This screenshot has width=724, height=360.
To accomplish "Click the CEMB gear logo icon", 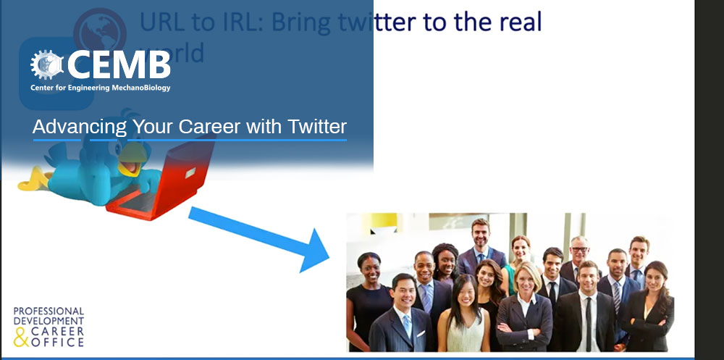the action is coord(46,64).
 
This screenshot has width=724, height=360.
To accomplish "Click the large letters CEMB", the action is coord(119,64).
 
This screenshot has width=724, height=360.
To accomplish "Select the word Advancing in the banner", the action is coord(80,126).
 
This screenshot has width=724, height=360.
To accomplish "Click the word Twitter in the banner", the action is coord(317,126).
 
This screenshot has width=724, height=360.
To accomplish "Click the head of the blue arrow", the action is coord(314,250).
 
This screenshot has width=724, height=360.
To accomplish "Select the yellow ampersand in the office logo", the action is coord(21,338).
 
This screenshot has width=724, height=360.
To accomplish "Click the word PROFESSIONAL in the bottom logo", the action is coord(49,311).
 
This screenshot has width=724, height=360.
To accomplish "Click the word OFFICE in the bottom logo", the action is coord(57,342).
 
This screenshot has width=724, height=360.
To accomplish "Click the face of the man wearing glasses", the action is coord(578,251).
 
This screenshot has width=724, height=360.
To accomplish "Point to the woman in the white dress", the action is coord(463,314).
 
